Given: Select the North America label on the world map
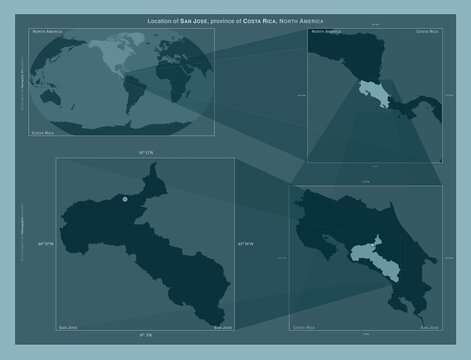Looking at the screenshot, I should pyautogui.click(x=48, y=33).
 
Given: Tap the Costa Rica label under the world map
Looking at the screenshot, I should pyautogui.click(x=44, y=132).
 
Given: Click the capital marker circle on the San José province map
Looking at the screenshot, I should pyautogui.click(x=125, y=200).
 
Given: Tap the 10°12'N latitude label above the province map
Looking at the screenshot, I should pyautogui.click(x=145, y=152).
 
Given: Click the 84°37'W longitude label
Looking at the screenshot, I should pyautogui.click(x=46, y=242).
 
